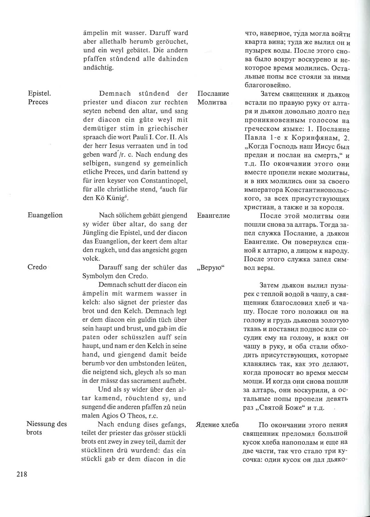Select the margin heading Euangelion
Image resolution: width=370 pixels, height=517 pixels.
(x=45, y=215)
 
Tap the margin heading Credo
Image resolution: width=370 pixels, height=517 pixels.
(x=37, y=267)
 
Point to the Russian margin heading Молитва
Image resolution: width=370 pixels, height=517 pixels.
(x=212, y=102)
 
